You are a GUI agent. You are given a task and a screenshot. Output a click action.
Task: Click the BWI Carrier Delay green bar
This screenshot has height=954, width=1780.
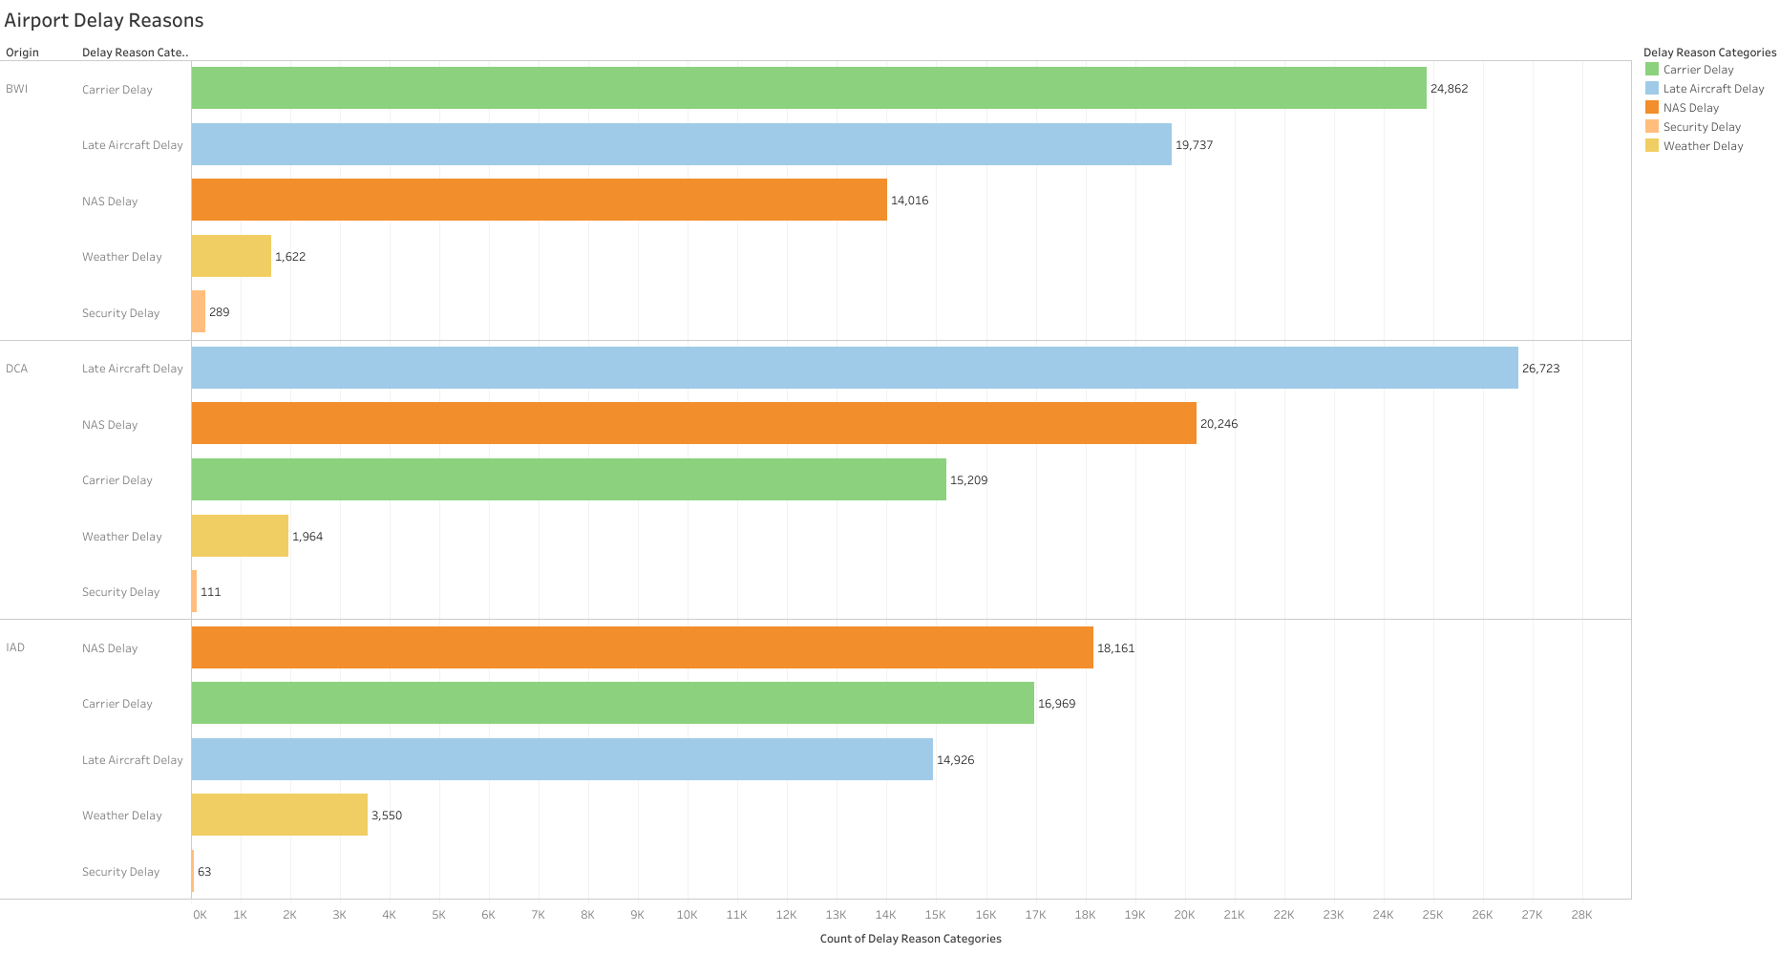point(808,88)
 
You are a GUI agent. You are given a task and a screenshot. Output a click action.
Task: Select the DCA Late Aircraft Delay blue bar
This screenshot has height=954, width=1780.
point(854,368)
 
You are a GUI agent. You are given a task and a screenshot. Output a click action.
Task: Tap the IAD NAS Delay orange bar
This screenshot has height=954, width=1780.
point(642,647)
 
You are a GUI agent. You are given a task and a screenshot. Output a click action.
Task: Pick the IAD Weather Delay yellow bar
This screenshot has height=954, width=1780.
point(279,815)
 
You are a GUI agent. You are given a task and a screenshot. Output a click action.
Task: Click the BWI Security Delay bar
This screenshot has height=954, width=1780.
point(199,311)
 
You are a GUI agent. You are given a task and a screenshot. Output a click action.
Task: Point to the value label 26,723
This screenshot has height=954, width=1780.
point(1540,369)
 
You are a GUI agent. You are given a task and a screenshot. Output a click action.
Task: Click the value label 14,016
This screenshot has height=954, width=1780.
point(909,201)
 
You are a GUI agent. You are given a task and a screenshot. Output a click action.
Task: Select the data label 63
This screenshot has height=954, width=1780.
point(204,872)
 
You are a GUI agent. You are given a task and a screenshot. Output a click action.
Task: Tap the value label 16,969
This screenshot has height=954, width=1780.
point(1056,704)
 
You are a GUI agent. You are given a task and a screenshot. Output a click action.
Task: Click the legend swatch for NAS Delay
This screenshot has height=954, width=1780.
point(1652,107)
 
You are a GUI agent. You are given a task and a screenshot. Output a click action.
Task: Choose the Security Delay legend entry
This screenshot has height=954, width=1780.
point(1701,127)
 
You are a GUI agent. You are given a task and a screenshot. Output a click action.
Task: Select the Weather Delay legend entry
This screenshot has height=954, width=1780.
point(1702,146)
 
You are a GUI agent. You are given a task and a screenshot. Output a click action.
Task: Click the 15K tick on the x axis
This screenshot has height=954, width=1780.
point(936,915)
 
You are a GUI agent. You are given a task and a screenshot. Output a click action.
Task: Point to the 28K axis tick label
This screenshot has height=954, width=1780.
point(1581,915)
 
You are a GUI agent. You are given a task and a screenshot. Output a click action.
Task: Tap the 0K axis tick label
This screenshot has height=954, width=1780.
point(200,915)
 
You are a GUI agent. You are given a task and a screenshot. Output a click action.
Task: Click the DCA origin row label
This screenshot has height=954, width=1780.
point(17,369)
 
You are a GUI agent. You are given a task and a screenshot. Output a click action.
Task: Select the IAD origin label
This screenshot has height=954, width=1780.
point(15,647)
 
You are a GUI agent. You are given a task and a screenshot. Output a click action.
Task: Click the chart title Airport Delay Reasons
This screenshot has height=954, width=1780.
point(104,20)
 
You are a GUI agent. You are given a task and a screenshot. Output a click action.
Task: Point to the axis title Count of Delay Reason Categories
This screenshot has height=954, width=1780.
point(910,939)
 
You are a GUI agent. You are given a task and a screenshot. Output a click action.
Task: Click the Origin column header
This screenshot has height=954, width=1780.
point(22,53)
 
